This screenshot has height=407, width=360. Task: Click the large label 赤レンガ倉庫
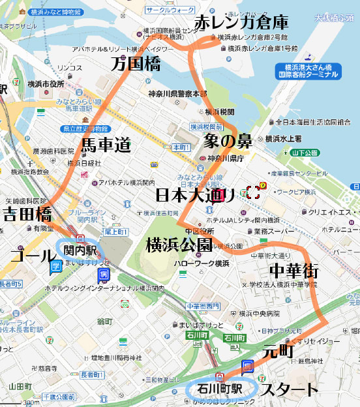click(x=241, y=22)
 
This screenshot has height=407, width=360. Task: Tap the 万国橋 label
click(x=136, y=64)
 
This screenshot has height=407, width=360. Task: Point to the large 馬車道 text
click(x=106, y=145)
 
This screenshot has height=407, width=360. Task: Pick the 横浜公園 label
click(x=179, y=245)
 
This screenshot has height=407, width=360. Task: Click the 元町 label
click(x=278, y=352)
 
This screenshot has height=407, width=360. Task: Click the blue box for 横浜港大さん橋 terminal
click(x=311, y=71)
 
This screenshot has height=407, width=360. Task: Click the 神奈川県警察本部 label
click(x=177, y=94)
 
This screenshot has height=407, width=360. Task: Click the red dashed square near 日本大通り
click(x=253, y=192)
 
